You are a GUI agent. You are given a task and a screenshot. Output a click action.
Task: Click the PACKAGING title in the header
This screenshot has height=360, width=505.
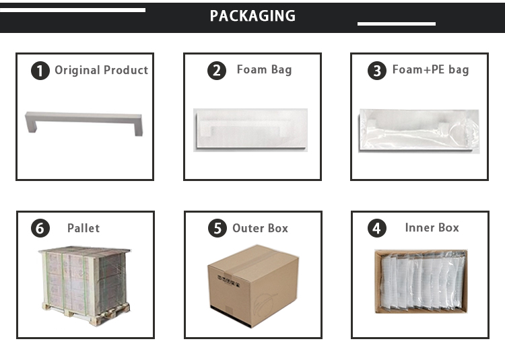[x=252, y=16]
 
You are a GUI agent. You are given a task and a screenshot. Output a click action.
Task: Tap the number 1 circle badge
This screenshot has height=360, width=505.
[x=41, y=71]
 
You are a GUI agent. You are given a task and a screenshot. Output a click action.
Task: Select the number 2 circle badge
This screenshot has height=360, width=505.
[x=216, y=71]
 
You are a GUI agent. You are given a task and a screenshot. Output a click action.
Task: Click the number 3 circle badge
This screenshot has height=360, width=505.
[x=378, y=71]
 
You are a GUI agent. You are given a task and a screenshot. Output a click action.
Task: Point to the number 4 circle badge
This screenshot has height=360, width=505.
[x=376, y=228]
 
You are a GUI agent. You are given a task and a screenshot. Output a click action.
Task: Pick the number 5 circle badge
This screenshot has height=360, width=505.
[x=217, y=229]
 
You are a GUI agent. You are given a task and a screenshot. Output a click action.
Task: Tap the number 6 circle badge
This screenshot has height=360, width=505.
[x=41, y=229]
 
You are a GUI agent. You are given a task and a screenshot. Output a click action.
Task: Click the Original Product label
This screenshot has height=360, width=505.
[x=101, y=70]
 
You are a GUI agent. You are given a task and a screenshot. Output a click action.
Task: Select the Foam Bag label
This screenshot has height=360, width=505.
[x=264, y=70]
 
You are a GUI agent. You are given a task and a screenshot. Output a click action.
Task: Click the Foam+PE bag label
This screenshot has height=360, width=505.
[x=430, y=70]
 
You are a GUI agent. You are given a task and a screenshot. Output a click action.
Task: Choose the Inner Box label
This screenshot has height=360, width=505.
[x=432, y=227]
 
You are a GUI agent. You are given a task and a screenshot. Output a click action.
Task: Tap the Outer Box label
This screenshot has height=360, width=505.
[x=260, y=228]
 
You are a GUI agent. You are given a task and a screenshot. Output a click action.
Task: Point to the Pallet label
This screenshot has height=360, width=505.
[x=83, y=228]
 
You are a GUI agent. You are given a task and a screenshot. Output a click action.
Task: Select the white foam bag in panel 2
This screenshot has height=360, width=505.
[x=250, y=129]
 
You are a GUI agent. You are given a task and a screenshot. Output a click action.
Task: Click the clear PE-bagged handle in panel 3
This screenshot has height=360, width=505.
[x=418, y=130]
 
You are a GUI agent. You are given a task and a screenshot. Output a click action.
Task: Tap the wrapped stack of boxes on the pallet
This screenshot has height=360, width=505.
[x=83, y=276]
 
